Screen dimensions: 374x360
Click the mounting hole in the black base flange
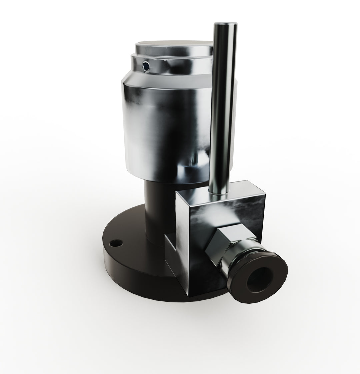click(x=116, y=242)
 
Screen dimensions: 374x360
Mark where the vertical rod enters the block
click(x=218, y=195)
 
